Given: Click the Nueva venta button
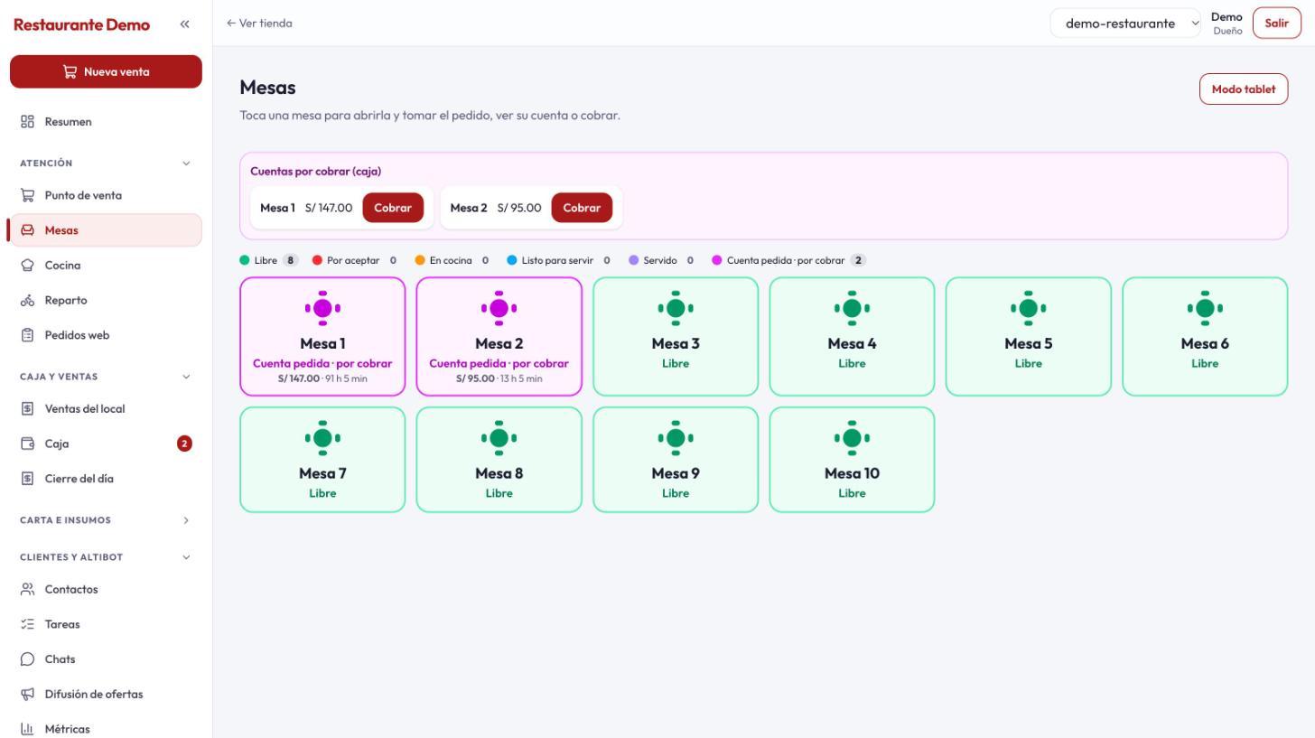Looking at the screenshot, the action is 106,71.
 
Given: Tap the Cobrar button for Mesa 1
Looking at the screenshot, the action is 393,208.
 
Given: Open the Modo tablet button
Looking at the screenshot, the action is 1244,89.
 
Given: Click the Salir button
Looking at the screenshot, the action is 1276,23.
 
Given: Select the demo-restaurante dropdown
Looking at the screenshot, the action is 1125,23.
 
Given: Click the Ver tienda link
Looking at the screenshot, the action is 259,23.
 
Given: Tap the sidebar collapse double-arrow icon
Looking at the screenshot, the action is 185,24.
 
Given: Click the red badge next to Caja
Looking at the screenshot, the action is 184,444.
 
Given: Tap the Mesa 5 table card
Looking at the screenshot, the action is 1028,336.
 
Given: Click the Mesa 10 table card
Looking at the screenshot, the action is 852,460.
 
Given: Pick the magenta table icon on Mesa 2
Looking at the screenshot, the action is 499,308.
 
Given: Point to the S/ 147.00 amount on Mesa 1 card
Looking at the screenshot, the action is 299,378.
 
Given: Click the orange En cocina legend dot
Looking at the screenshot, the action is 420,260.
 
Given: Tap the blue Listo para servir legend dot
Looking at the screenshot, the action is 512,260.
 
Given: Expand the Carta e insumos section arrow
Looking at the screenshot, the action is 186,520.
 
